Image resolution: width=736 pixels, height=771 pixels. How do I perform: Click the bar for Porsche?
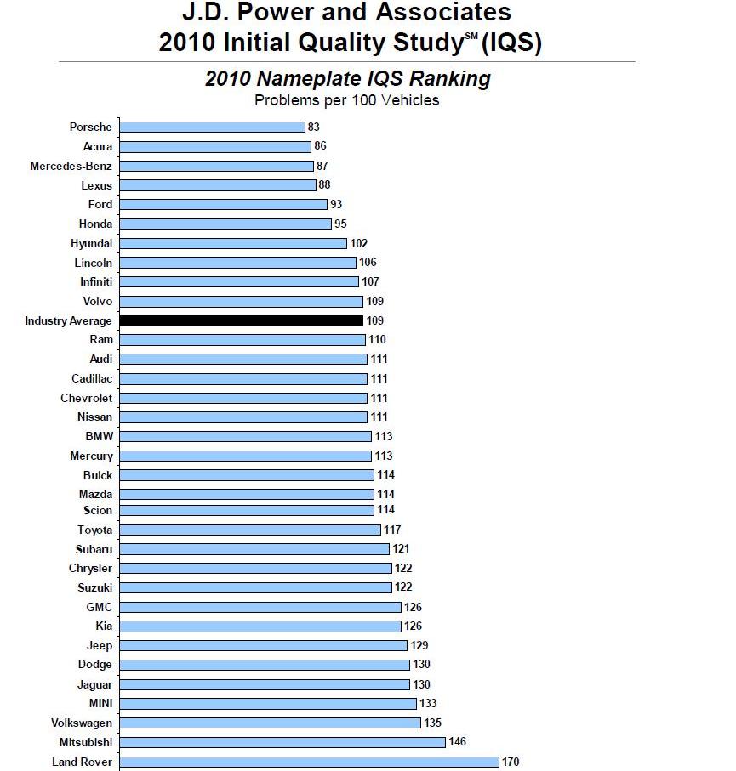point(212,127)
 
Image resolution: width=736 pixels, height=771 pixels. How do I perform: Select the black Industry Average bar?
point(241,320)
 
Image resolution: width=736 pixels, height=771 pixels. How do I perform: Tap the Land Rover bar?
point(309,762)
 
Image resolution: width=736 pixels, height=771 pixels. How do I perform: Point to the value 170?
point(511,762)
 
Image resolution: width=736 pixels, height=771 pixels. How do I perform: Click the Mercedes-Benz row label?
point(71,166)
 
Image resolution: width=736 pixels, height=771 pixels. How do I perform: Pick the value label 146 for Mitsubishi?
point(458,742)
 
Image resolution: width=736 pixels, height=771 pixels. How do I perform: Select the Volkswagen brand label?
point(81,723)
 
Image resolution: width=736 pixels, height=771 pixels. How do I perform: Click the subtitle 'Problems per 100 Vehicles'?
point(347,100)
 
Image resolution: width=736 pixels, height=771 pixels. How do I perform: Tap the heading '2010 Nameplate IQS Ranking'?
point(347,79)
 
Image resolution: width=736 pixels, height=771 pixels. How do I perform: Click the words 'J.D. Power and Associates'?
point(347,13)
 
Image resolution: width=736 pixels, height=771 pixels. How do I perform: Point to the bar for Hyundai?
point(232,243)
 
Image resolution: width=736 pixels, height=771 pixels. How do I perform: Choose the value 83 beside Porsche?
point(314,127)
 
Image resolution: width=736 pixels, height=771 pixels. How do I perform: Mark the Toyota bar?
point(249,530)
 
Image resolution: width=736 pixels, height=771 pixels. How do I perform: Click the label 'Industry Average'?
point(68,320)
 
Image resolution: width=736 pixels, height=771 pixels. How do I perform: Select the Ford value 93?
point(336,204)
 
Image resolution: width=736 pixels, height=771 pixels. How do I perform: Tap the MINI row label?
point(100,703)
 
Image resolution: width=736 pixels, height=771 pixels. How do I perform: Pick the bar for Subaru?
point(254,549)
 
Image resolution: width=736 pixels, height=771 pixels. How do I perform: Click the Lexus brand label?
point(96,185)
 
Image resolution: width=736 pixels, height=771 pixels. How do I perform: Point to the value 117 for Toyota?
point(392,530)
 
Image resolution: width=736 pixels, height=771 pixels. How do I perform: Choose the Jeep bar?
point(263,645)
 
